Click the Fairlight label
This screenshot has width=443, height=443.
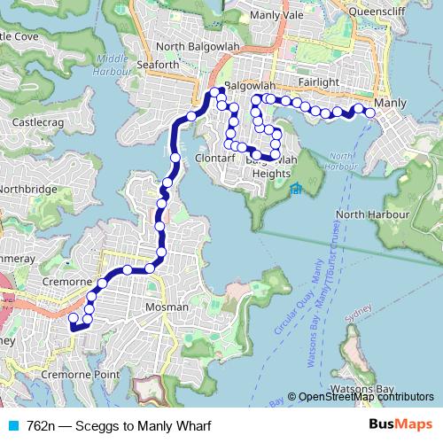coord(319,82)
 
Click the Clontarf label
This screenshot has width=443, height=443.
coord(211,159)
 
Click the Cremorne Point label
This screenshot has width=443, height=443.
coord(79,375)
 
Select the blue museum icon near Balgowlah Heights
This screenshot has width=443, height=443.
coord(296,188)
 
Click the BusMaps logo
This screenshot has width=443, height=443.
coord(401,425)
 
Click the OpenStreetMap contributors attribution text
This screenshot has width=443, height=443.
coord(365,398)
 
